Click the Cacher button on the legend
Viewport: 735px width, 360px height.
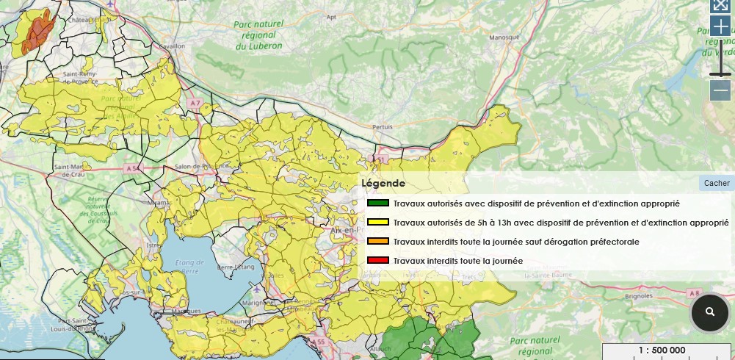click(717, 183)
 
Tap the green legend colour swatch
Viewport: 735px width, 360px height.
click(377, 204)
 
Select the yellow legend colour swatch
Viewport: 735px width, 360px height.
click(377, 223)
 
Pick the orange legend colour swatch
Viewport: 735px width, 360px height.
click(377, 242)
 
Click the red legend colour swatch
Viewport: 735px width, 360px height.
click(377, 261)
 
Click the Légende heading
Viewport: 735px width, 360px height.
click(383, 183)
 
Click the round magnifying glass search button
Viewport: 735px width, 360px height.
click(709, 312)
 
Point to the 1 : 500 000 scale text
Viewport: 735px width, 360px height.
click(662, 350)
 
